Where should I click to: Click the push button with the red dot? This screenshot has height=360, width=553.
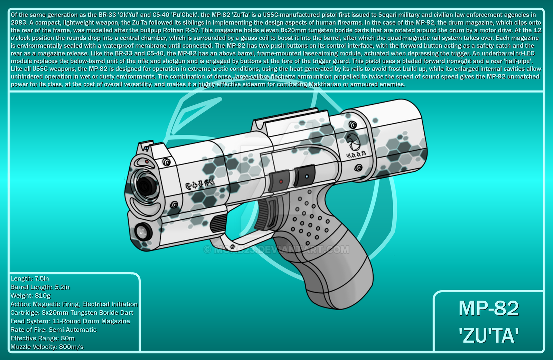[279, 181]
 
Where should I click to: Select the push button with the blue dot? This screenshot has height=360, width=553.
[304, 176]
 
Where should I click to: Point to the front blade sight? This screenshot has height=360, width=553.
[146, 146]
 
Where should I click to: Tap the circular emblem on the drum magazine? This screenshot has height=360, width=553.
[353, 142]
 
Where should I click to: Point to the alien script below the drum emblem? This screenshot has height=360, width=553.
[356, 154]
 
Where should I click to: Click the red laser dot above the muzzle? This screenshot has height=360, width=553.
[147, 162]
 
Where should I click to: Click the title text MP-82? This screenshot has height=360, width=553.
[489, 309]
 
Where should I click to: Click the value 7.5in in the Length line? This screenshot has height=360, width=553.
[42, 278]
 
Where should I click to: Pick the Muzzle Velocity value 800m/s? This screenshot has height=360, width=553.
[71, 347]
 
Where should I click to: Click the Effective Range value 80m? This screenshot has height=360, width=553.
[67, 338]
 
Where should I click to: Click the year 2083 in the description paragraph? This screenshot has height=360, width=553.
[19, 22]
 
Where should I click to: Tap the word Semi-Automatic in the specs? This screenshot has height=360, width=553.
[72, 330]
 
